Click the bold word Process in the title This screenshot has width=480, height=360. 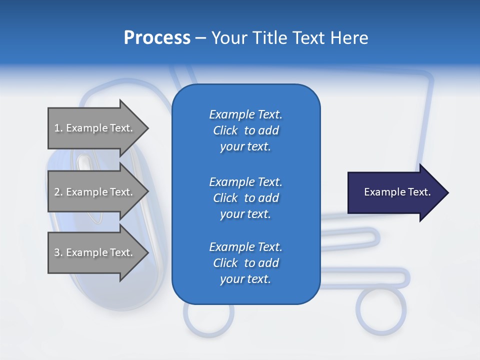click(157, 38)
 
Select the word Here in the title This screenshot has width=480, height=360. click(349, 38)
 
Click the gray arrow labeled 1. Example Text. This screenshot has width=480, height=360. click(95, 128)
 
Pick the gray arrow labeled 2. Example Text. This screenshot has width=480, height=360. click(95, 192)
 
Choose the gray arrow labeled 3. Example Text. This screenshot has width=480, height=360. click(95, 252)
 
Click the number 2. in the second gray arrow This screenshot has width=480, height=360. click(58, 192)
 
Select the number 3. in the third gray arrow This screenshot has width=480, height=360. click(58, 252)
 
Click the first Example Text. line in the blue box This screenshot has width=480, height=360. click(245, 114)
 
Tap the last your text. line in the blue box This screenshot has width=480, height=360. click(245, 279)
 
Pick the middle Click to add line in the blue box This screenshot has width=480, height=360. click(245, 198)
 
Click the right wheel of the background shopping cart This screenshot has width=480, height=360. click(381, 310)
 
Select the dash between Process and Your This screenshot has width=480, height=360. click(200, 38)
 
